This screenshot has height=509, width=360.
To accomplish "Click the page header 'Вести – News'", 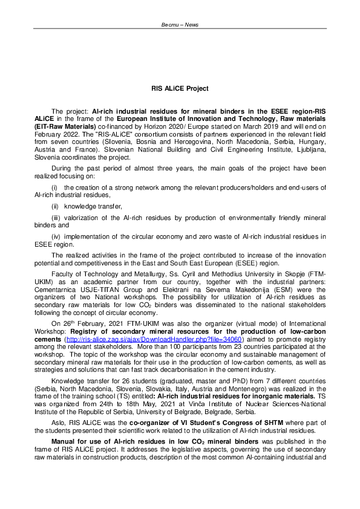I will point(180,25).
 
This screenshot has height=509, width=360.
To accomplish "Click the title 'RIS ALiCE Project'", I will point(180,89).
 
